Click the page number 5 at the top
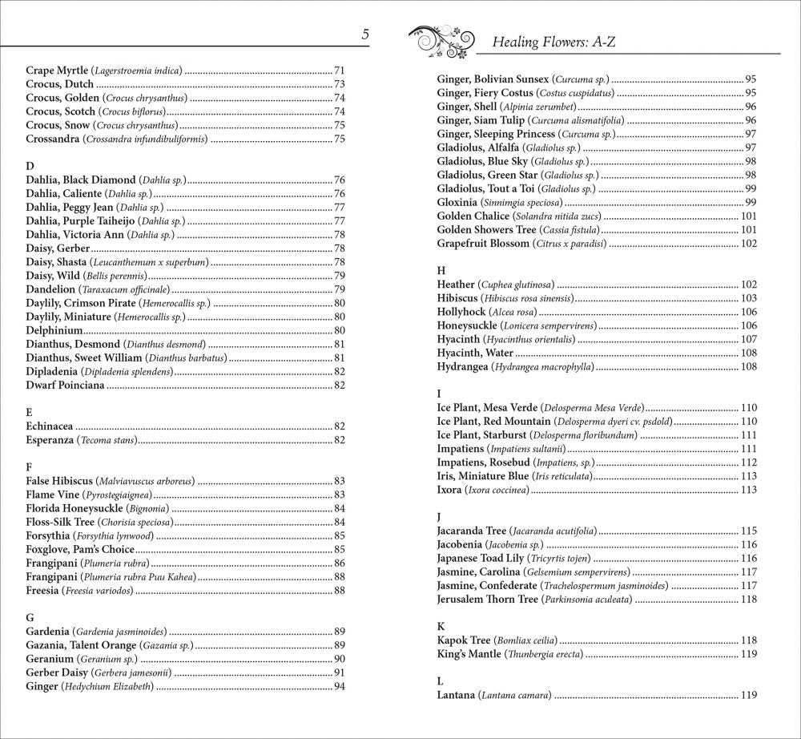tap(364, 34)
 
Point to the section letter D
tap(30, 166)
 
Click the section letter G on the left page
tap(30, 617)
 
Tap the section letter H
tap(441, 270)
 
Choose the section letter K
tap(441, 626)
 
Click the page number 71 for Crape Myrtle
tap(340, 71)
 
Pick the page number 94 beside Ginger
tap(340, 686)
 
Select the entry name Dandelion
tap(50, 289)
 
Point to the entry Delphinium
tap(54, 330)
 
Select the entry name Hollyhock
tap(461, 312)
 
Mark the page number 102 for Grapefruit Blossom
tap(748, 244)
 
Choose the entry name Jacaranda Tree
tap(472, 531)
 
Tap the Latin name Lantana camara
tap(515, 695)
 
